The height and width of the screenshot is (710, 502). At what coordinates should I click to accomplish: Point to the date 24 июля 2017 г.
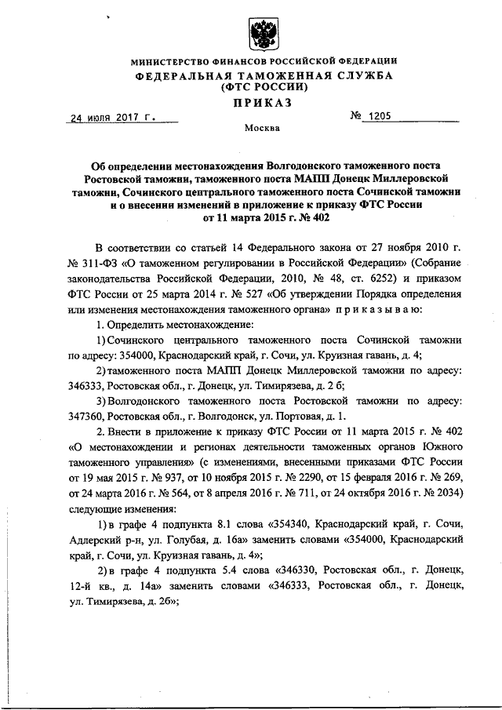pyautogui.click(x=113, y=118)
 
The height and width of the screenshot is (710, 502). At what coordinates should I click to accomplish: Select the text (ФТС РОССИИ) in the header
pyautogui.click(x=260, y=88)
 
